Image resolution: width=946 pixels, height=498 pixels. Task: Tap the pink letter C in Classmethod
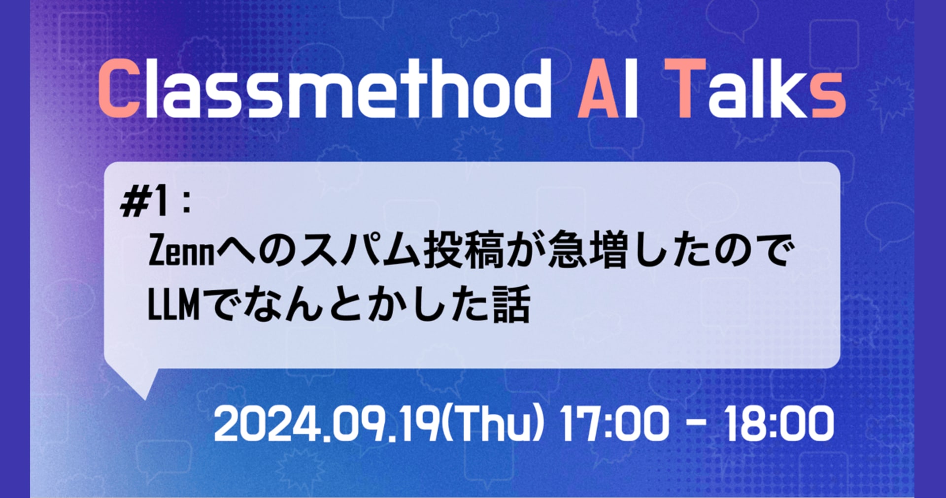[x=119, y=89]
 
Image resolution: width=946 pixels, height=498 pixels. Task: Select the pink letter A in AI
[x=598, y=89]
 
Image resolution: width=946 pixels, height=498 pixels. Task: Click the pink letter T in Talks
[x=685, y=89]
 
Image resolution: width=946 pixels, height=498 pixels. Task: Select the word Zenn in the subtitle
[x=182, y=251]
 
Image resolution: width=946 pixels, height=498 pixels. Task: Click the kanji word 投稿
[x=464, y=251]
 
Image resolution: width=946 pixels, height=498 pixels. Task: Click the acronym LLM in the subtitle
[x=174, y=304]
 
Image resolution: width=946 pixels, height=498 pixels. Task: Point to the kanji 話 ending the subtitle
[x=512, y=304]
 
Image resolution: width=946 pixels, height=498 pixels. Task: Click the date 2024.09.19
[x=326, y=424]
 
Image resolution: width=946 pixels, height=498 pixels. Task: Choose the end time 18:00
[x=778, y=424]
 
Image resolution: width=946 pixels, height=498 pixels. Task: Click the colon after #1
[x=186, y=204]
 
